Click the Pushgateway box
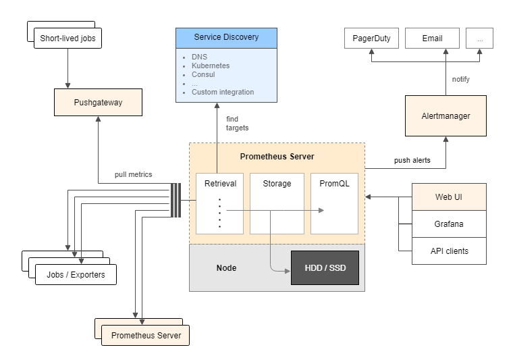point(99,103)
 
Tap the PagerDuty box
point(371,38)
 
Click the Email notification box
point(432,38)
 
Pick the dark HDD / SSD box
point(325,268)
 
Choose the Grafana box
point(448,224)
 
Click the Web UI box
point(448,197)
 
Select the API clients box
point(448,251)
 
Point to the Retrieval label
point(220,183)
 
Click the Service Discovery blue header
point(226,37)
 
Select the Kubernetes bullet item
point(210,66)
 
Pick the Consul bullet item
point(203,74)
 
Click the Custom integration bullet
point(222,92)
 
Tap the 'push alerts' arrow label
point(412,161)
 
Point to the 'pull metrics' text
point(133,174)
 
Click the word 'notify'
point(461,80)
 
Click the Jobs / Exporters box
point(75,275)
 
